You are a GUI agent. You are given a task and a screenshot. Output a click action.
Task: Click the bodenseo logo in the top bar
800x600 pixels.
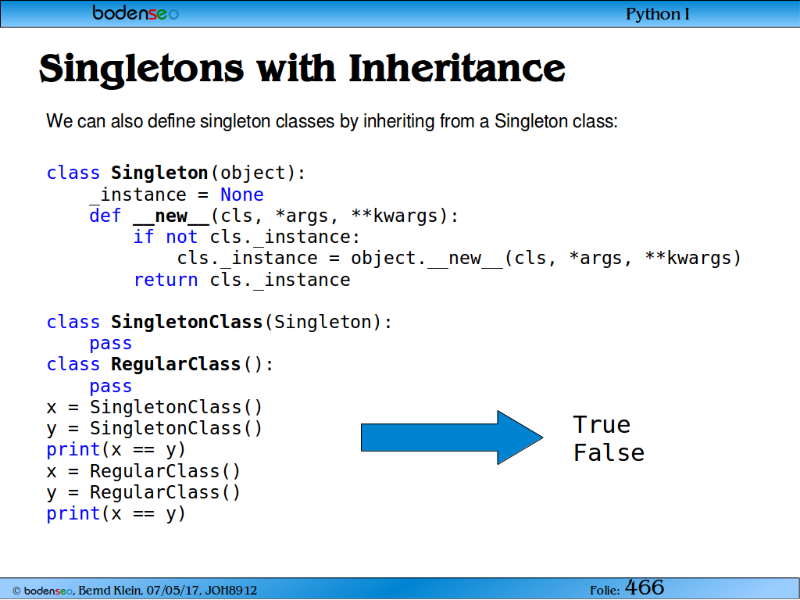tap(135, 12)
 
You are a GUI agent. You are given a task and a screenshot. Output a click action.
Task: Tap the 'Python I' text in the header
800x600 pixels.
tap(658, 14)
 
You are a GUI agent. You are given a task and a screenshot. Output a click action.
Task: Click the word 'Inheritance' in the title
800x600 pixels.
tap(456, 68)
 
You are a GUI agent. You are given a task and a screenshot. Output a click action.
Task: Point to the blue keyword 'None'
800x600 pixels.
tap(242, 195)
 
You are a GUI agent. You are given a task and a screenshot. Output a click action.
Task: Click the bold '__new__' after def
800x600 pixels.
tap(171, 216)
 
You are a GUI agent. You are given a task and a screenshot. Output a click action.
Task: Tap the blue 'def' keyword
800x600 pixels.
tap(105, 216)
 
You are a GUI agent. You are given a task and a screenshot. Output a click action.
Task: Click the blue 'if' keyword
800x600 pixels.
tap(144, 237)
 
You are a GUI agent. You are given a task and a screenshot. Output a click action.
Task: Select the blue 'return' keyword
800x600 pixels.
tap(166, 280)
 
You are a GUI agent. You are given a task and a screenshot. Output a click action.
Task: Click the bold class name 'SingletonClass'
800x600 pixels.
tap(187, 322)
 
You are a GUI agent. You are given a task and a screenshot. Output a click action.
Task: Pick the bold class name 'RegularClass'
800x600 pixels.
tap(176, 364)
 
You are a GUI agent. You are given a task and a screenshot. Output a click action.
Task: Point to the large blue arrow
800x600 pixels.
tap(452, 437)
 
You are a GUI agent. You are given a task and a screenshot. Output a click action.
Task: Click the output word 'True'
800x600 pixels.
tap(602, 424)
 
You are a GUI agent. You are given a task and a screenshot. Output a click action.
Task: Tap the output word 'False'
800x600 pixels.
tap(609, 452)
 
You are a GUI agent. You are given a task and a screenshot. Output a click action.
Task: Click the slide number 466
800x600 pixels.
tap(645, 587)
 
